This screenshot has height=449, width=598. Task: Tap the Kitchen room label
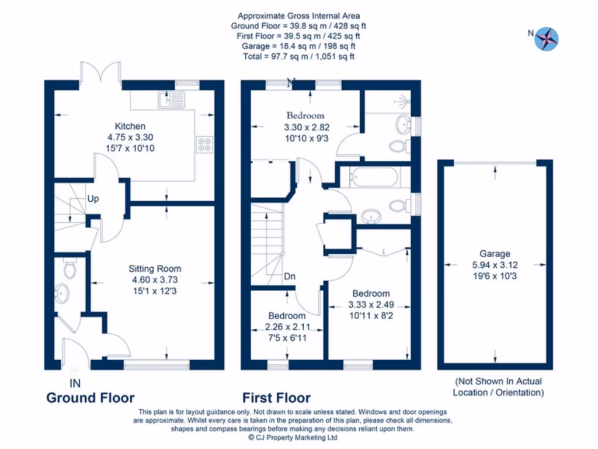pyautogui.click(x=130, y=126)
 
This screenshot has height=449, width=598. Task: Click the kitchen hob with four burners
pyautogui.click(x=205, y=144)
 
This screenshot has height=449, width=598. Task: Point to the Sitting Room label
pyautogui.click(x=155, y=269)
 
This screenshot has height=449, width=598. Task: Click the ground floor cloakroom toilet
pyautogui.click(x=69, y=268)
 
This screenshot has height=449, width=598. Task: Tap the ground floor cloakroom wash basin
pyautogui.click(x=62, y=292)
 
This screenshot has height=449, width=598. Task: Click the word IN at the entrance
pyautogui.click(x=75, y=384)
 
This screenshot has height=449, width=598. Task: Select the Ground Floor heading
pyautogui.click(x=91, y=398)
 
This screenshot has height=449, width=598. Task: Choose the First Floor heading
pyautogui.click(x=277, y=398)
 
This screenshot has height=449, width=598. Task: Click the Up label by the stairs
pyautogui.click(x=93, y=199)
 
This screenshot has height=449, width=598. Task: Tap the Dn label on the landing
pyautogui.click(x=290, y=277)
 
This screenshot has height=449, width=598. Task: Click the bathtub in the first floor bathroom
pyautogui.click(x=370, y=176)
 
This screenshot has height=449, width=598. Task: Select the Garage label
pyautogui.click(x=495, y=254)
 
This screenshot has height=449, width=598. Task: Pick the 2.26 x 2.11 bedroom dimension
pyautogui.click(x=286, y=327)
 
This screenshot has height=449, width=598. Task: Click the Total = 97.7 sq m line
pyautogui.click(x=298, y=57)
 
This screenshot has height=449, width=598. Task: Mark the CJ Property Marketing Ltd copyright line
pyautogui.click(x=293, y=437)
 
